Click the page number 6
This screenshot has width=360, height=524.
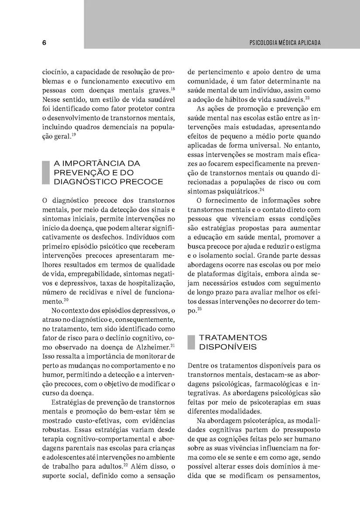point(45,43)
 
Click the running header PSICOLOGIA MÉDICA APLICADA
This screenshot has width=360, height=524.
point(285,43)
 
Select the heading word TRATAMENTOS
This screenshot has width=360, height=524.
point(233,338)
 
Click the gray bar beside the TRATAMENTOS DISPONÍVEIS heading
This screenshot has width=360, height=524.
point(191,342)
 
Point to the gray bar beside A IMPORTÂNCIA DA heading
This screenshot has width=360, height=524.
point(45,172)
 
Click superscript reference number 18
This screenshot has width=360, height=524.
point(173,89)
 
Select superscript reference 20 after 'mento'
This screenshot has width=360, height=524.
point(66,300)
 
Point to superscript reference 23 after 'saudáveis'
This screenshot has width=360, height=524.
point(307,98)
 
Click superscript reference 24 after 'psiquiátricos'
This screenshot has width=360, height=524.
point(262,190)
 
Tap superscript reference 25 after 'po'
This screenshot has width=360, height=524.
point(199,309)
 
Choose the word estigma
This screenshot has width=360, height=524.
point(308,247)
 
